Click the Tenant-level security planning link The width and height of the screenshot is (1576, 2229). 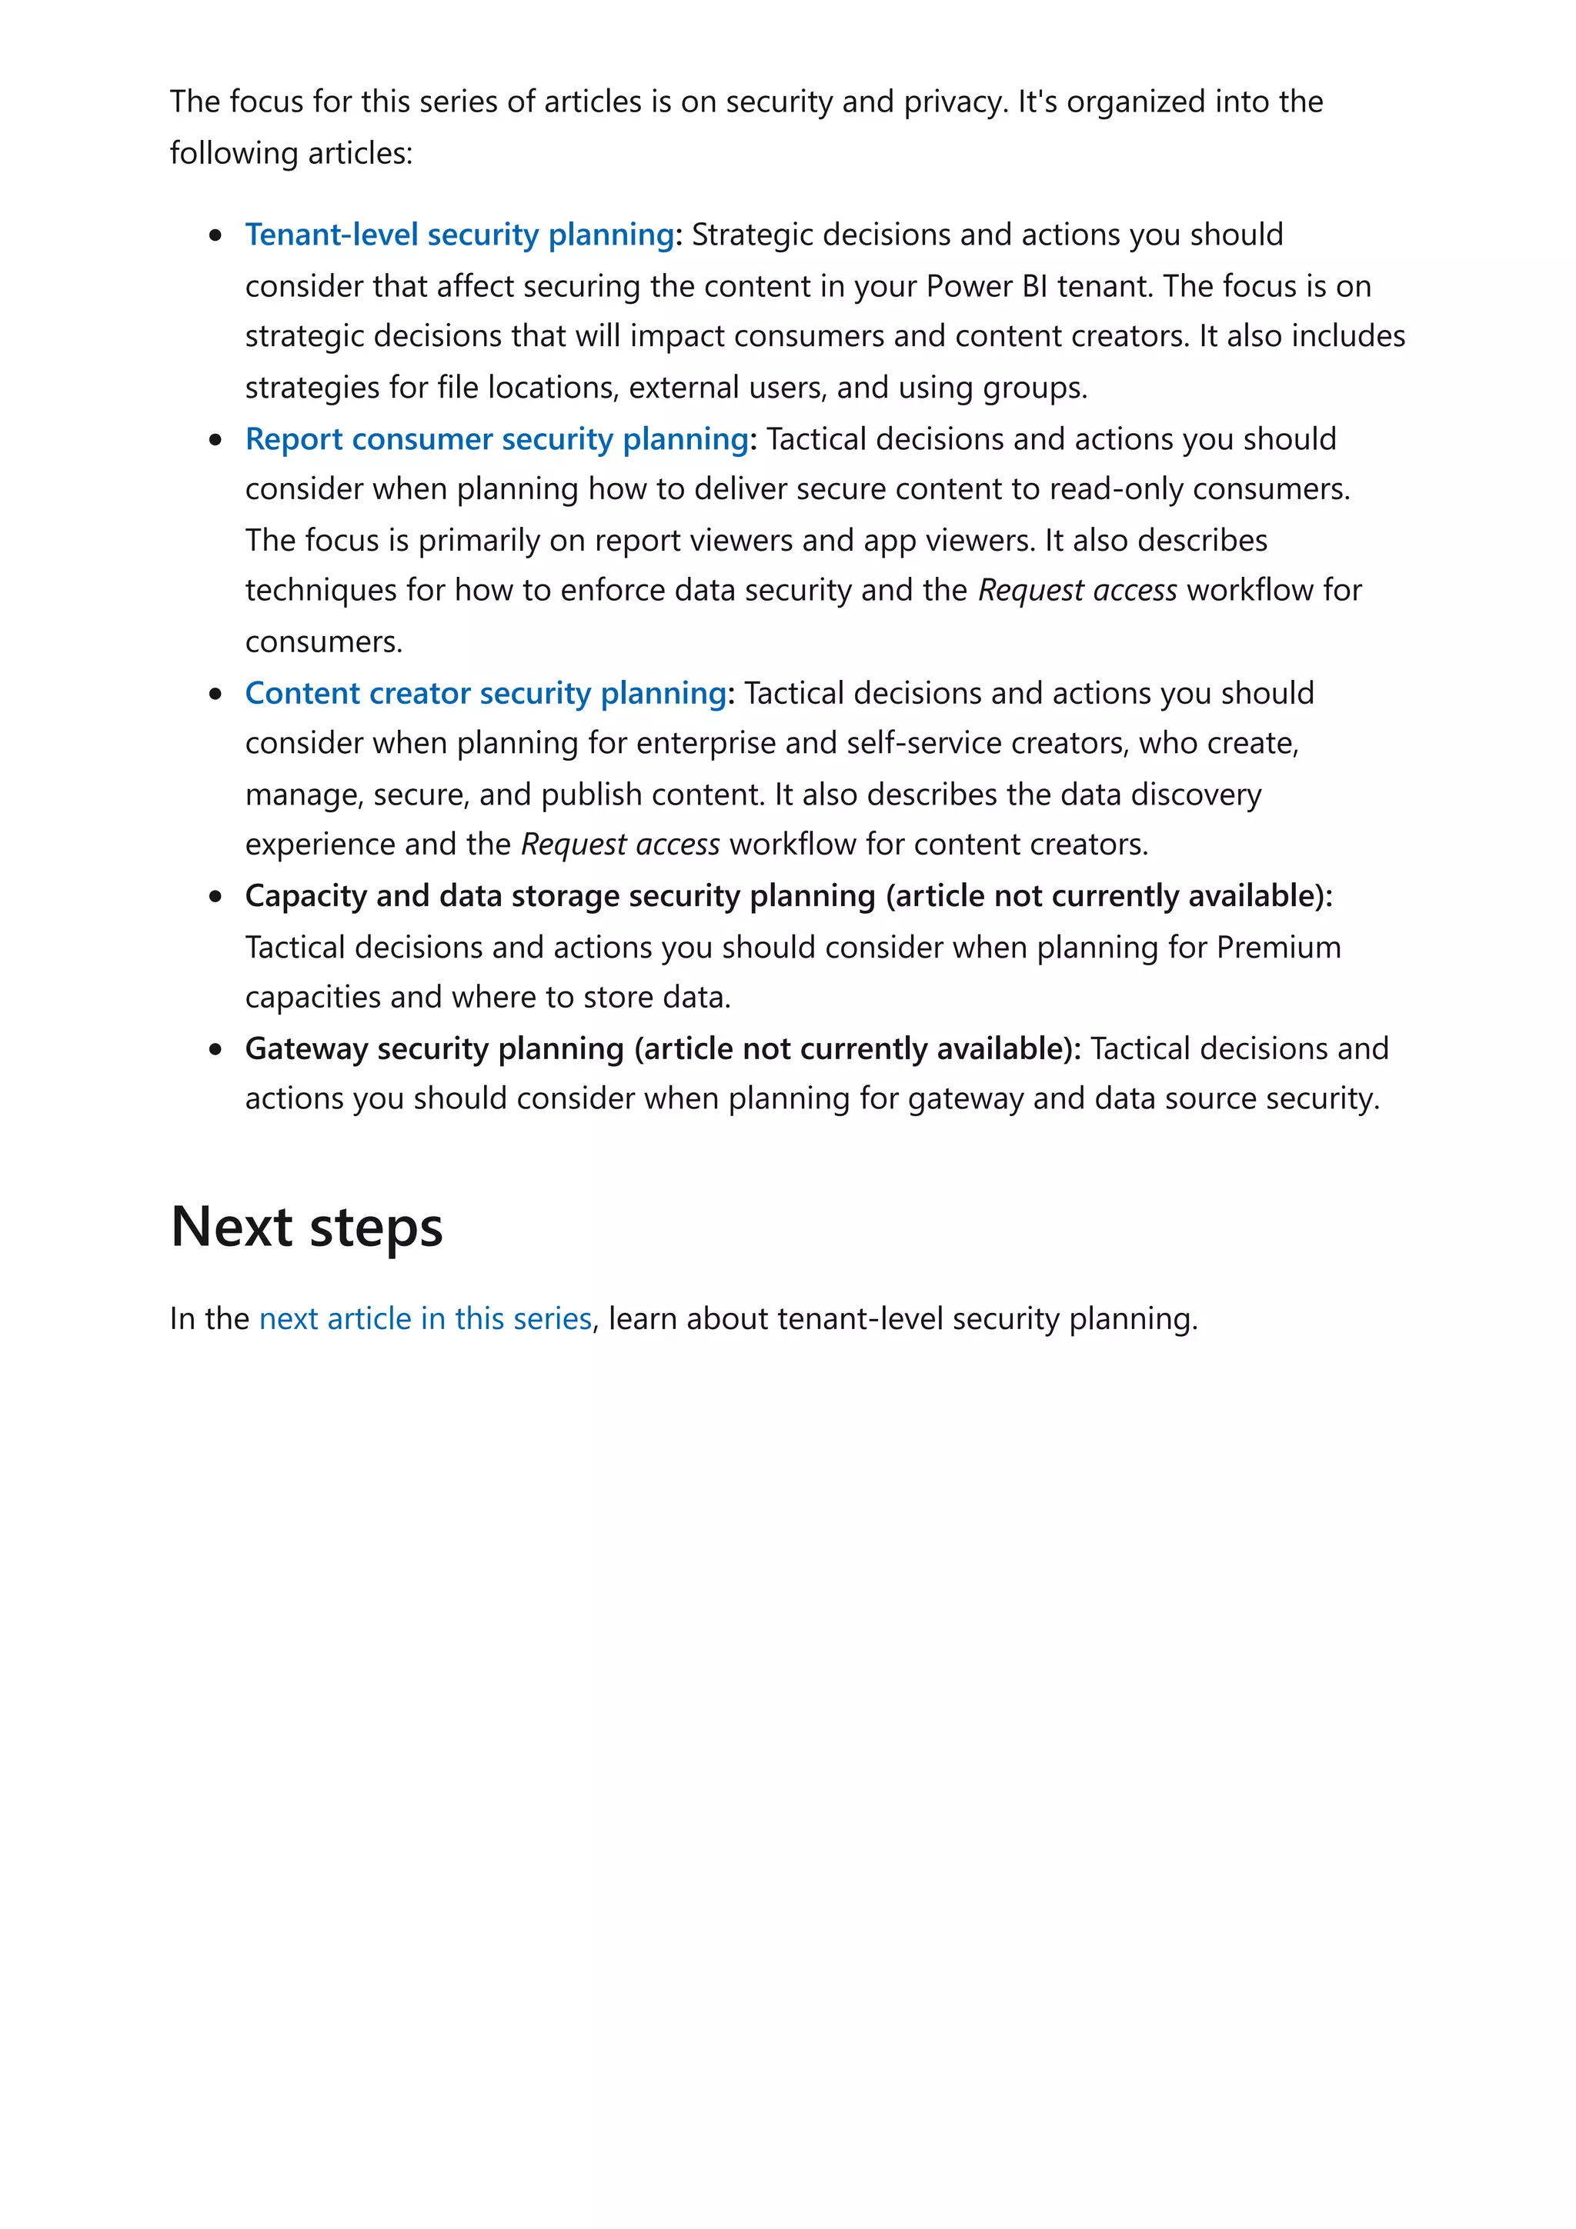coord(459,235)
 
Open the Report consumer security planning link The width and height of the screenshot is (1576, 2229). coord(496,439)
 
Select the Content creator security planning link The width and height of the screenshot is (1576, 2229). coord(485,693)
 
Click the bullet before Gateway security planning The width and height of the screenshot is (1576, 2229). coord(215,1049)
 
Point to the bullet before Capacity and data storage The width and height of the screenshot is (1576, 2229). coord(215,896)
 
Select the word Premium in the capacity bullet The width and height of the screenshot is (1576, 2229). coord(1278,947)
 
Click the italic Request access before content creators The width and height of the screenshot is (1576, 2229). coord(619,845)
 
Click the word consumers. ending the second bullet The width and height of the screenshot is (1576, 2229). coord(322,641)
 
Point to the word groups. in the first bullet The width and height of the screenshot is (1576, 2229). coord(1034,388)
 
